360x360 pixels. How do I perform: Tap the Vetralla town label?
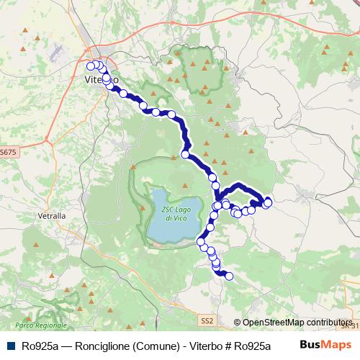pos(50,215)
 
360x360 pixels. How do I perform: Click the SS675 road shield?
pos(8,152)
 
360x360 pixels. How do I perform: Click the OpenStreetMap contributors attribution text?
pos(297,323)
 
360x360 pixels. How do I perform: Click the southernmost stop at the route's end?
pos(230,276)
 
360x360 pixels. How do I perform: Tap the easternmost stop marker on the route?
pos(269,202)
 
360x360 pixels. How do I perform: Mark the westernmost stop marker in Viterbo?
pos(90,65)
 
